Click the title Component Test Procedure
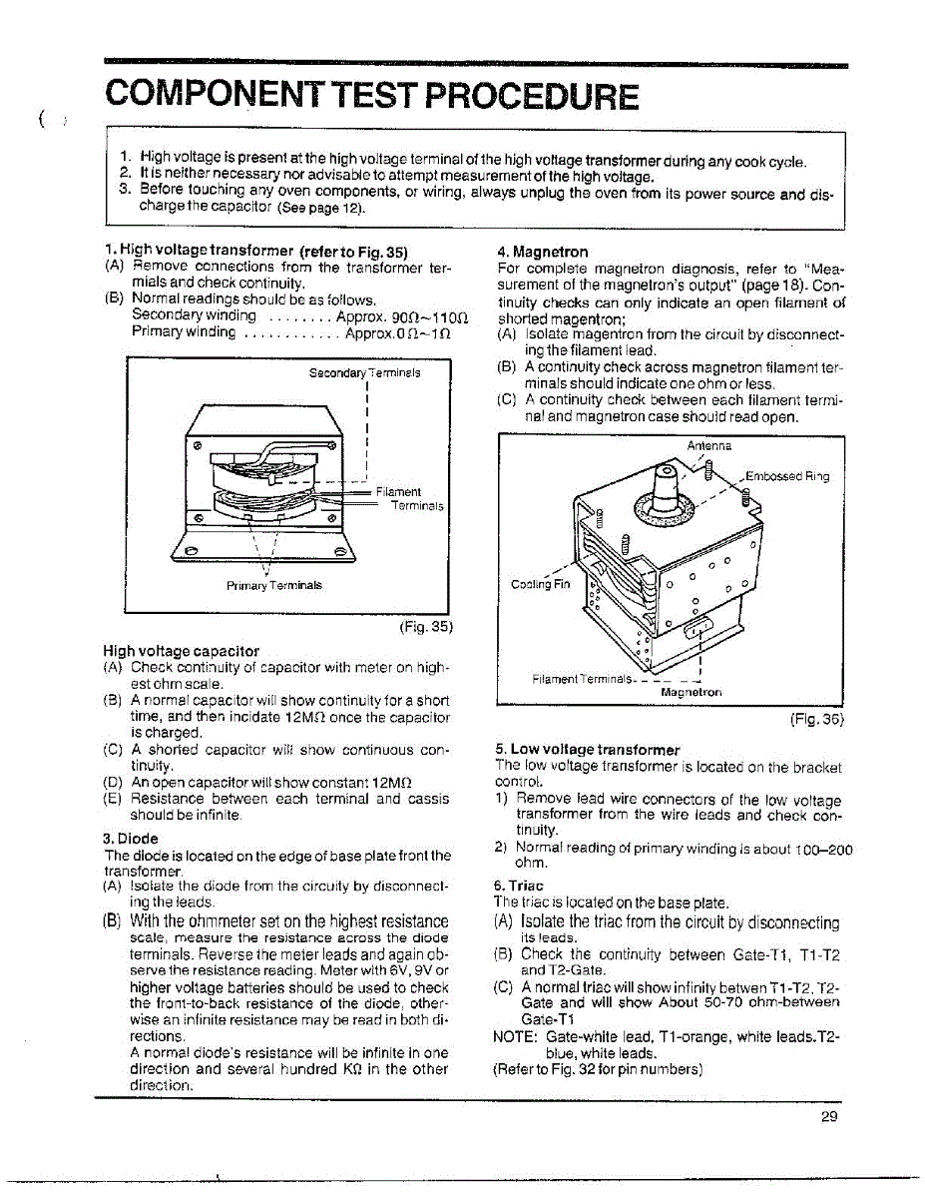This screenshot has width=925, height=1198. click(x=372, y=96)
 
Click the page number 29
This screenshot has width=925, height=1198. click(x=829, y=1117)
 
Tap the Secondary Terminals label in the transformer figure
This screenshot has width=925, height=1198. click(x=364, y=372)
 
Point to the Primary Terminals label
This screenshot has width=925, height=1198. click(x=273, y=585)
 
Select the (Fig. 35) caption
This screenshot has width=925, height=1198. click(x=425, y=627)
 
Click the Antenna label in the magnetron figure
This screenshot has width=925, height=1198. click(x=709, y=445)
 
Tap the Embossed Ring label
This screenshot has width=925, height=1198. click(x=787, y=476)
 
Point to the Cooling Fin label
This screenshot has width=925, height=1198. click(x=541, y=584)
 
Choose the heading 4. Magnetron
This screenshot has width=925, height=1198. click(x=542, y=252)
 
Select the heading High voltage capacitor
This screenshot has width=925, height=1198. click(x=181, y=651)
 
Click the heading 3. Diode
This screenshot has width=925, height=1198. click(x=131, y=838)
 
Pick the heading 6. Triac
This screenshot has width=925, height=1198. click(x=519, y=886)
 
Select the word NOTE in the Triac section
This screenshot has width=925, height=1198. click(x=515, y=1037)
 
